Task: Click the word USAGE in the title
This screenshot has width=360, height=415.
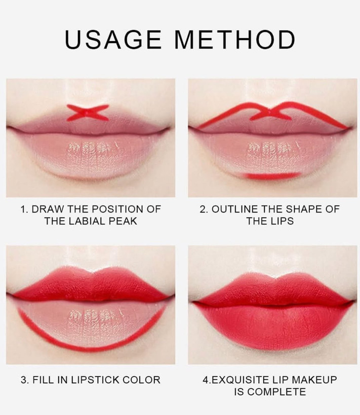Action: pyautogui.click(x=113, y=39)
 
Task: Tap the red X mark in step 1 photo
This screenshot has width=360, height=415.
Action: pyautogui.click(x=88, y=112)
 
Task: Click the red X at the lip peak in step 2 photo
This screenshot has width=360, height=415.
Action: pyautogui.click(x=269, y=113)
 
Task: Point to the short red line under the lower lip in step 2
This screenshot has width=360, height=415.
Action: pyautogui.click(x=272, y=176)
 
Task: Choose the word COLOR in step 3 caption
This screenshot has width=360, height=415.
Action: pyautogui.click(x=141, y=380)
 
